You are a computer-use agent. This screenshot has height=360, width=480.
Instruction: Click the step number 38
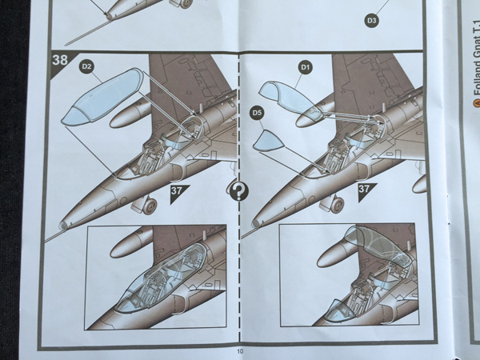[x=60, y=60]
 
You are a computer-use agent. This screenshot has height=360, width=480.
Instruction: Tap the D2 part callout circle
[x=87, y=67]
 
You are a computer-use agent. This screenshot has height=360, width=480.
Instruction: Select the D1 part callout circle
[x=306, y=68]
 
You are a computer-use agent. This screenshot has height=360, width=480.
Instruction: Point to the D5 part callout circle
[x=258, y=114]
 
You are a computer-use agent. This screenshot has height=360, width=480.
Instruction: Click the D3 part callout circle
[x=371, y=21]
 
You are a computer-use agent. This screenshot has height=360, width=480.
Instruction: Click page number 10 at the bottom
[x=240, y=351]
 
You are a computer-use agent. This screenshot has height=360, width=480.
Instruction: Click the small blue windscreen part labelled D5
[x=268, y=141]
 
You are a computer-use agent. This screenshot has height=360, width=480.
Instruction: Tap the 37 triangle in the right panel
[x=366, y=190]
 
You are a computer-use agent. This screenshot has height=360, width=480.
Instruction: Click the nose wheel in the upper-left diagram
[x=150, y=206]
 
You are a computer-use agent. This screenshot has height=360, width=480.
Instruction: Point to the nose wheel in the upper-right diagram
[x=337, y=204]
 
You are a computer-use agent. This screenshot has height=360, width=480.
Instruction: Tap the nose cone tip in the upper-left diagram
[x=64, y=226]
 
